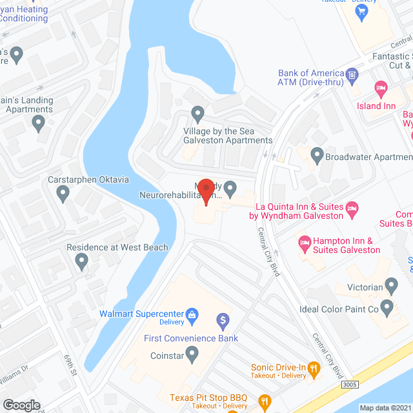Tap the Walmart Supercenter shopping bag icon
pos(191,314)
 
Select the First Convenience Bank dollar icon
pos(223,319)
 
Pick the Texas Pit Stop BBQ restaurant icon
pos(265,402)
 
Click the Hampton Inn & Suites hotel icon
pos(305,244)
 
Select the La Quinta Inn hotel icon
pos(352,208)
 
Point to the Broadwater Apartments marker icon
pos(317,156)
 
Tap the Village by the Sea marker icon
pos(198,116)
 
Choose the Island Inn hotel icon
pos(381,87)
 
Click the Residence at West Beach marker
pos(81,261)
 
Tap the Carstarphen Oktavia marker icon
pos(63,192)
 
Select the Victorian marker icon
pos(390,285)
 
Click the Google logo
pos(21,405)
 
